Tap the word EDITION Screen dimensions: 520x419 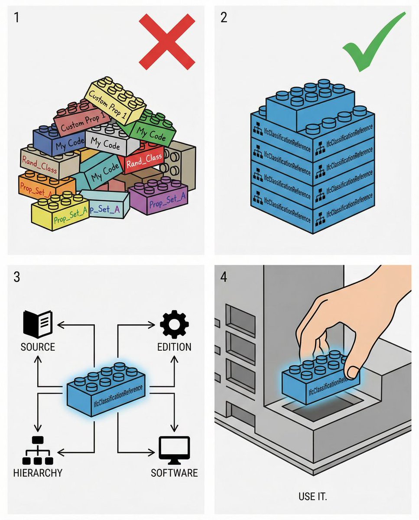point(174,347)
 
